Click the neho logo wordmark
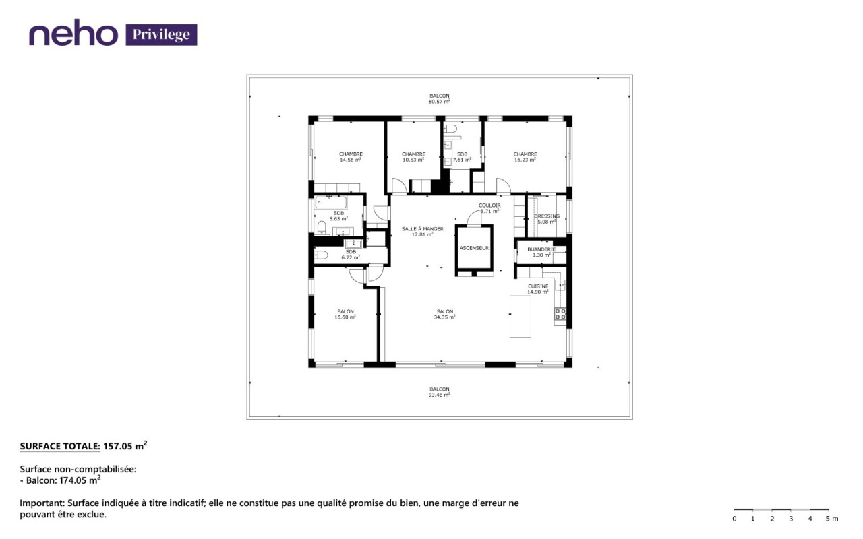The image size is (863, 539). pos(73,32)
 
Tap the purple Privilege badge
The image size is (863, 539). pos(161,34)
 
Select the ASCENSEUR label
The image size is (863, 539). pos(474,249)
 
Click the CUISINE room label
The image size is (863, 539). pos(538,286)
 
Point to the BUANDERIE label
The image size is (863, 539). pos(541,249)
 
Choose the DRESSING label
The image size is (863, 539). pos(547,216)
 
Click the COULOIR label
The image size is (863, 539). pos(489,205)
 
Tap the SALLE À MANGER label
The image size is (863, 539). pos(422,229)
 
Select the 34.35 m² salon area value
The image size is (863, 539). pos(444,317)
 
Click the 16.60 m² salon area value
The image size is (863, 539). pos(345,317)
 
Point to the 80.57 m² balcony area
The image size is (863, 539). pos(439,102)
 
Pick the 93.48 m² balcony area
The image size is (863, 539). pos(439,395)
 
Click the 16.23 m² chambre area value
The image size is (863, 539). pos(525,160)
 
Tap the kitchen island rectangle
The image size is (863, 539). pos(520,317)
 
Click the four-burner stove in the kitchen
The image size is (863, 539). pos(560,314)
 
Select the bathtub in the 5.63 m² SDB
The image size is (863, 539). pos(330,203)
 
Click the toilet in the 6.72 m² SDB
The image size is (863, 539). pos(321,255)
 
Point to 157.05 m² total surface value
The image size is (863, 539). pos(125,446)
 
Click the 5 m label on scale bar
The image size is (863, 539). pos(832,519)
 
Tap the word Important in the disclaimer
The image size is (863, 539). pos(42,503)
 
